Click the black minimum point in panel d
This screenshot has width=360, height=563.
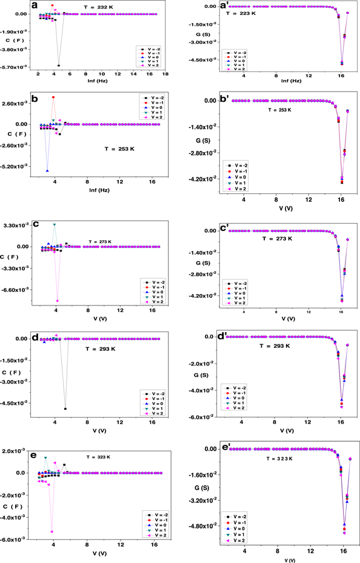click(65, 408)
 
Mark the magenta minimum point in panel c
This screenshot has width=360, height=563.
click(57, 301)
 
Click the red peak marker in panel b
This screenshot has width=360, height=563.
click(53, 97)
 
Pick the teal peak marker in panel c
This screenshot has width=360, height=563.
click(55, 225)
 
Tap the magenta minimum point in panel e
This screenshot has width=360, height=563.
click(52, 531)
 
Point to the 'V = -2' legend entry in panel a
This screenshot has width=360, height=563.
click(150, 48)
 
